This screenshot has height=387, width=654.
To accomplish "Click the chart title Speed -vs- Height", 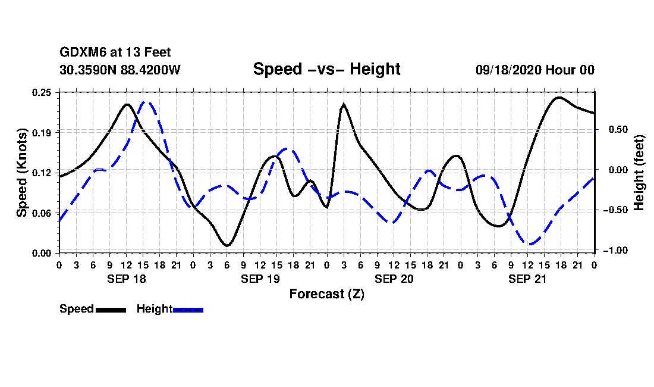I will (326, 69).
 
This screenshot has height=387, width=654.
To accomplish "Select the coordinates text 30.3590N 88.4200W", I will (120, 70).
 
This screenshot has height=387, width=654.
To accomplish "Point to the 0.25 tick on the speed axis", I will (42, 92).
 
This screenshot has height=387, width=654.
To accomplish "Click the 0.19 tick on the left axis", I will (42, 132).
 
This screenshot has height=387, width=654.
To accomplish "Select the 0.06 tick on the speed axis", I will (42, 213).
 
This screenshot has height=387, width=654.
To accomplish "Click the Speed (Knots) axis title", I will (21, 172).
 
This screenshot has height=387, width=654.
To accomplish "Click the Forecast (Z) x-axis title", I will (326, 294).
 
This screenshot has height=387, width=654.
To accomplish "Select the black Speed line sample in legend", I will (110, 310).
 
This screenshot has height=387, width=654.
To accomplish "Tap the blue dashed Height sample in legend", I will (188, 310).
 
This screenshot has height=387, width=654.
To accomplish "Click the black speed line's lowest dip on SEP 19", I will (227, 245).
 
